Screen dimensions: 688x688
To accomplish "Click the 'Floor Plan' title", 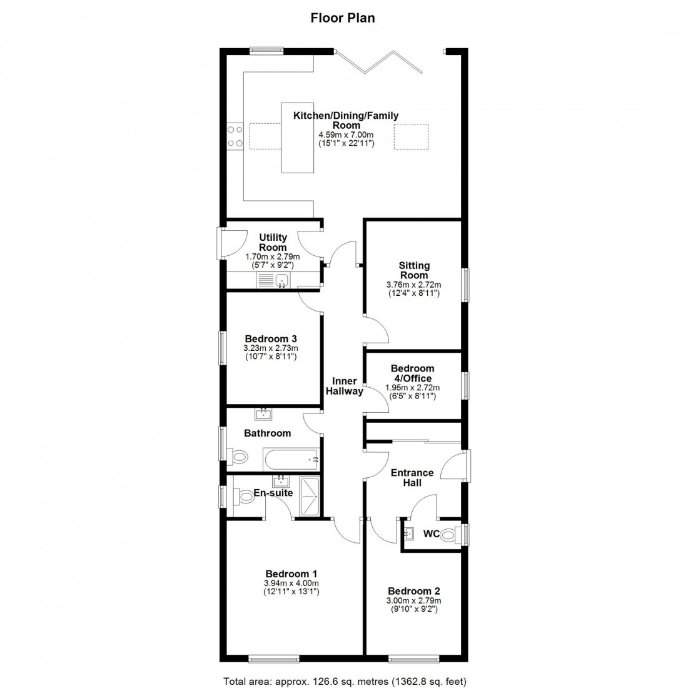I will [343, 18].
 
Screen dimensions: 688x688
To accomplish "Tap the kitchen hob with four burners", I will [235, 136].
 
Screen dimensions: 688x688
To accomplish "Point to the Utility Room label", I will [273, 242].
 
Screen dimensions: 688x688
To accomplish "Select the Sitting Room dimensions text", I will [413, 289].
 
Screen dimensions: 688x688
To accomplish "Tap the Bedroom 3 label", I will [270, 340].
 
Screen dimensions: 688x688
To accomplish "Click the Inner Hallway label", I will [345, 387].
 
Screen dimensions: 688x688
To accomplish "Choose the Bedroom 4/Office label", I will [412, 373].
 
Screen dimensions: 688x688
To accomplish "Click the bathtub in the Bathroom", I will [291, 461].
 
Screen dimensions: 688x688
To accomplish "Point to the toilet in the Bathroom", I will [238, 457].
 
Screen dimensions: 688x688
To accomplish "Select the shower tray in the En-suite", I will [310, 497].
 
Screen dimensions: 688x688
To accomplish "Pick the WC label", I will [430, 534].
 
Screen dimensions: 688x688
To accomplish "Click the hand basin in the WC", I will [409, 534].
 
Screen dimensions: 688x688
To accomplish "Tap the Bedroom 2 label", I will [413, 591].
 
